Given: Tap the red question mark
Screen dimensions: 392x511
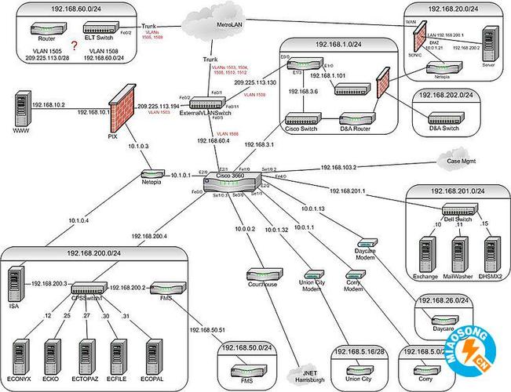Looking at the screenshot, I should point(75,46).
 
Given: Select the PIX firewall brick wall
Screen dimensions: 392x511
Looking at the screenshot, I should point(121,111).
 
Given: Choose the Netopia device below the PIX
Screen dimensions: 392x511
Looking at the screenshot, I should point(150,172).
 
